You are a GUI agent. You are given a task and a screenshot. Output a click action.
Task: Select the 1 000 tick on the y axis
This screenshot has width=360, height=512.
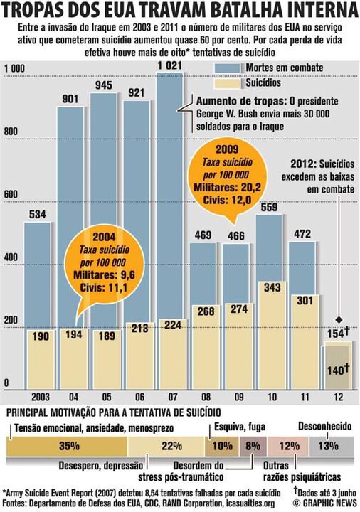pyautogui.click(x=15, y=68)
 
